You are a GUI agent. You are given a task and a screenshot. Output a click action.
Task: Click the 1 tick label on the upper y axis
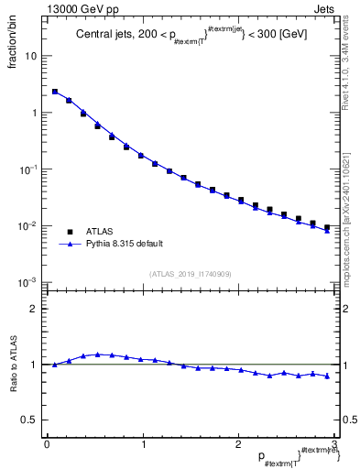34,113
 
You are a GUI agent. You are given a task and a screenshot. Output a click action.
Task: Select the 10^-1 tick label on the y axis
29,169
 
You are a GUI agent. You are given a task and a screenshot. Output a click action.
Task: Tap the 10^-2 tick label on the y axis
29,226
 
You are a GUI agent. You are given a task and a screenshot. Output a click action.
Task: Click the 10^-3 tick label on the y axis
29,282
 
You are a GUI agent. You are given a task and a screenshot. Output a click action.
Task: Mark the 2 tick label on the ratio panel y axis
34,309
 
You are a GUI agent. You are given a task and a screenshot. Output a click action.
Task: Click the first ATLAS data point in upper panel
55,92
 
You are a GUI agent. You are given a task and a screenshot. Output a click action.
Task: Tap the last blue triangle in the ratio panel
327,376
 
